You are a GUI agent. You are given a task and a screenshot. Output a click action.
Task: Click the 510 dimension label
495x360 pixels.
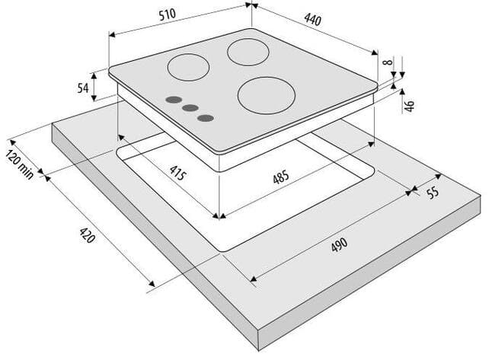(x=167, y=14)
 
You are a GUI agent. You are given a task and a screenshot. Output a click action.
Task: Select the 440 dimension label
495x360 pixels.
(x=312, y=20)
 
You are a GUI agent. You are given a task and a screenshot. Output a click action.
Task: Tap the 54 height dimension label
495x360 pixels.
(x=83, y=88)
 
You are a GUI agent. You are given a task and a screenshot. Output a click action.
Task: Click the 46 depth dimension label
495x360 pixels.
(x=409, y=105)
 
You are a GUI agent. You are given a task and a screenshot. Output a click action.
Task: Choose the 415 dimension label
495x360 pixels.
(x=178, y=173)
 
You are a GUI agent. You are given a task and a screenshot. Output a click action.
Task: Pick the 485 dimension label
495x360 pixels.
(x=281, y=177)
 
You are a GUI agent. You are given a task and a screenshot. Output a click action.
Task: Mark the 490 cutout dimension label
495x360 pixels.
(x=340, y=245)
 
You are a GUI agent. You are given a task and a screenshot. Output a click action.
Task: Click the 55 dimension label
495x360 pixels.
(x=433, y=192)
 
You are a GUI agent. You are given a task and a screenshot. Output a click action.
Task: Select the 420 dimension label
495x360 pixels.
(x=87, y=235)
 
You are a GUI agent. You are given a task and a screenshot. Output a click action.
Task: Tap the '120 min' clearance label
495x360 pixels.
(x=20, y=164)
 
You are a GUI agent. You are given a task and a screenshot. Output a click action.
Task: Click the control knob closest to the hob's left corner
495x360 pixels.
(x=174, y=100)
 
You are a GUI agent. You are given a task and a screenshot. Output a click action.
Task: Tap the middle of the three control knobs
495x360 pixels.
(x=190, y=108)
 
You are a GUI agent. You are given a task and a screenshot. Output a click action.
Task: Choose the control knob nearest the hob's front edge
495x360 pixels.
(x=206, y=118)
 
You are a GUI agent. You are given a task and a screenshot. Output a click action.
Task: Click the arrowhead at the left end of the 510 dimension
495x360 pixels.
(x=112, y=34)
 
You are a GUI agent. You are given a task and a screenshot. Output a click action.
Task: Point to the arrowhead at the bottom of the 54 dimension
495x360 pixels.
(x=94, y=98)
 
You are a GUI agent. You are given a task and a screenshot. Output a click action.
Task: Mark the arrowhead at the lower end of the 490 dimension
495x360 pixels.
(x=253, y=279)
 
